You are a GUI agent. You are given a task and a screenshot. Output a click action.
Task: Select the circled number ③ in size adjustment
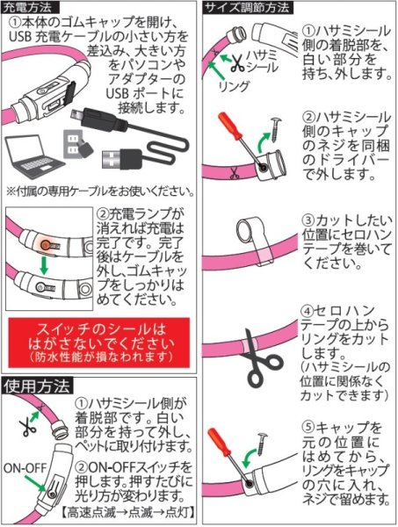[x=308, y=220]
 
